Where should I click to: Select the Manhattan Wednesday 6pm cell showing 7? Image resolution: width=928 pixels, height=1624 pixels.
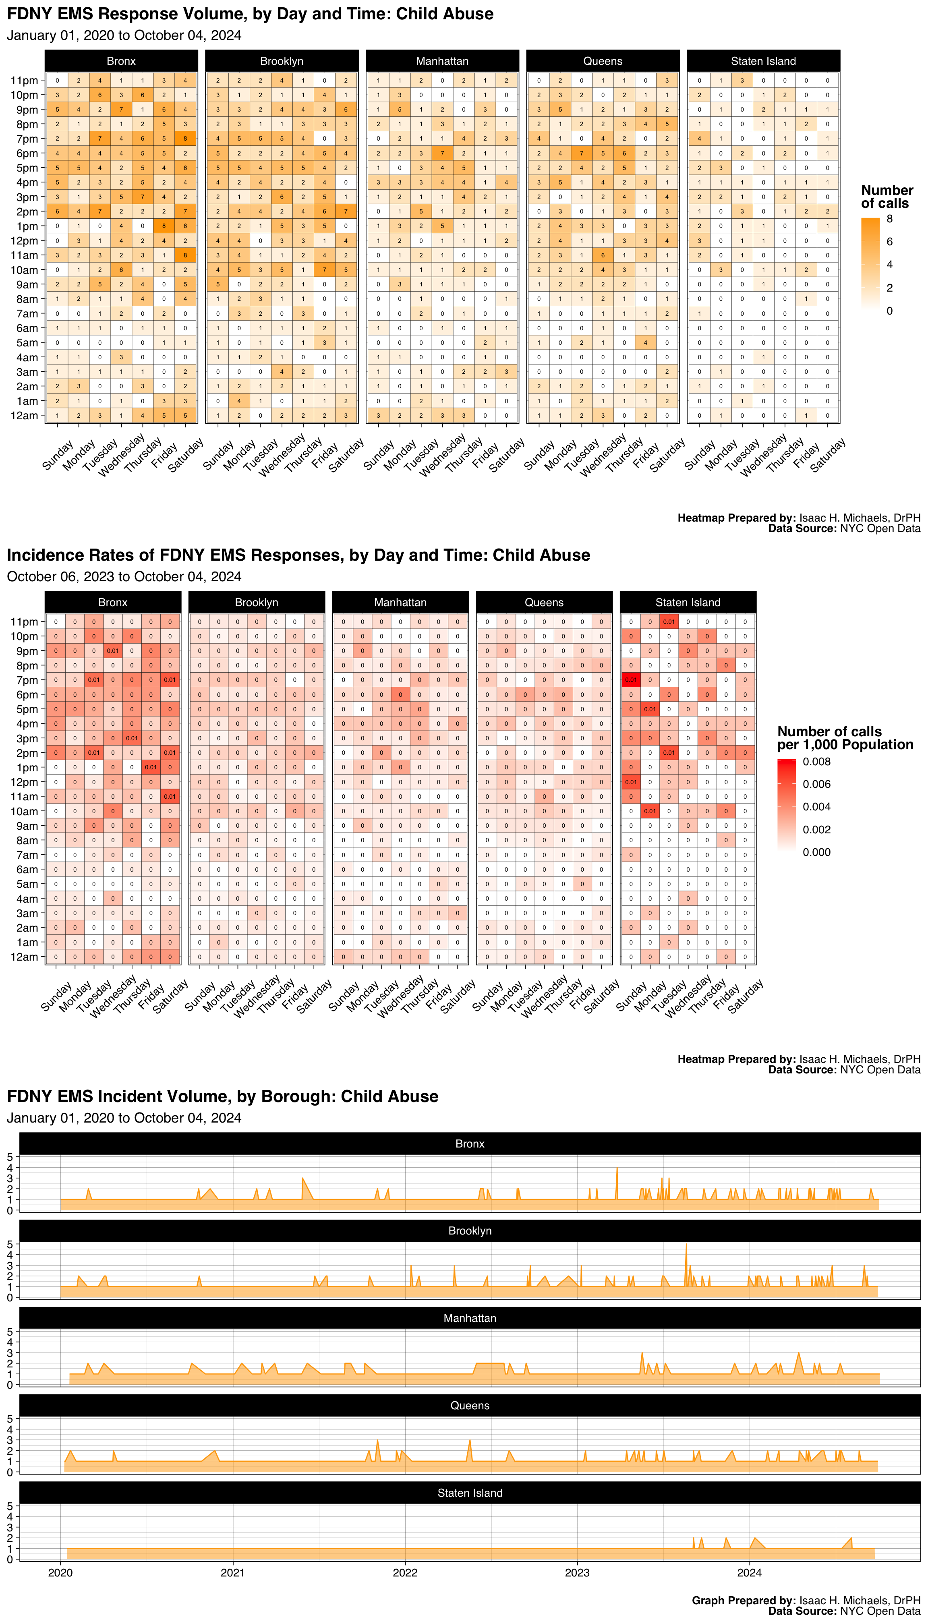point(442,153)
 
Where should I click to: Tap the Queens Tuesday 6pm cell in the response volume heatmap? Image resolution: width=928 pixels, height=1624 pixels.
point(581,153)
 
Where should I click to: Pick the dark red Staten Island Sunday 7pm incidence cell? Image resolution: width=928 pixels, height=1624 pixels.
point(631,680)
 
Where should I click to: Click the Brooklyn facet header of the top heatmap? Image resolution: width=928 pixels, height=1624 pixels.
point(282,61)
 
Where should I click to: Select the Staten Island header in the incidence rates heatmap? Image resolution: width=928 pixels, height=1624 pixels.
point(688,602)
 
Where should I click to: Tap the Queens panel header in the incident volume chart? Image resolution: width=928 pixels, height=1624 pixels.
point(470,1405)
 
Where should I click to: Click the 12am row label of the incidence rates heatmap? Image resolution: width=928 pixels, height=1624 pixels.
point(24,957)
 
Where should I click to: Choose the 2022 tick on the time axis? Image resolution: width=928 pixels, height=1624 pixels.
point(405,1572)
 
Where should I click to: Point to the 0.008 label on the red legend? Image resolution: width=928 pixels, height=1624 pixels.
point(816,762)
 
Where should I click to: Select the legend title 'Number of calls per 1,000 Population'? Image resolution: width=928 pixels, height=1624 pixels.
point(845,738)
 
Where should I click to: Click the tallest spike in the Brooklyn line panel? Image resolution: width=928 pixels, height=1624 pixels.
point(686,1245)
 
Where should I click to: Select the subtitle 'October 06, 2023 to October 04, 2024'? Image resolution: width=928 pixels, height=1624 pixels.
point(124,577)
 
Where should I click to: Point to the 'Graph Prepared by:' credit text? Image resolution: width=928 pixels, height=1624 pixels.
point(744,1600)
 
